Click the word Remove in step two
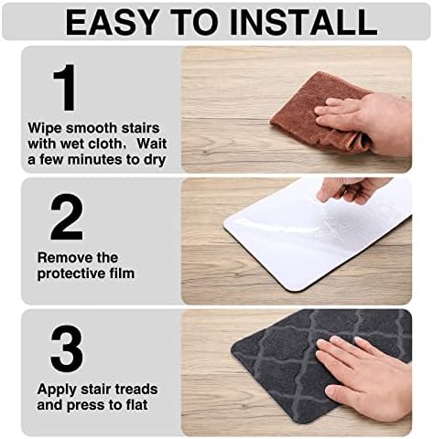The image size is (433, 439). click(62, 257)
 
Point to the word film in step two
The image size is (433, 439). click(121, 273)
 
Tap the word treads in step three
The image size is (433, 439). click(130, 388)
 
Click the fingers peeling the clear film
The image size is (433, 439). click(352, 189)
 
